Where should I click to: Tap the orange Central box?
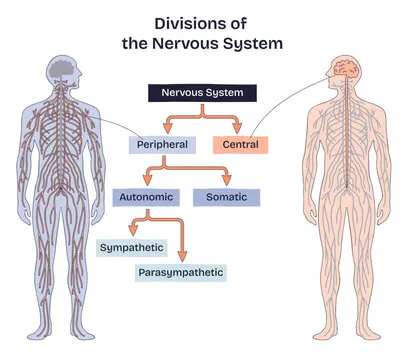pos(236,145)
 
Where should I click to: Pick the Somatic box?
pos(225,197)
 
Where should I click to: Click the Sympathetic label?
pos(132,246)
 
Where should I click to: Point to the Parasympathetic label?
pos(180,271)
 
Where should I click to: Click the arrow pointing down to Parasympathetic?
pos(181,255)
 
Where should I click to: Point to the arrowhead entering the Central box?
pos(236,130)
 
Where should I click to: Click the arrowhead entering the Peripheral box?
pos(168,130)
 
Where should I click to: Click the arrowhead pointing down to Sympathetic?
pos(132,232)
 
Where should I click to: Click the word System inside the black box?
pos(228,93)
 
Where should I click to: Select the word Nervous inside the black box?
pos(184,93)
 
